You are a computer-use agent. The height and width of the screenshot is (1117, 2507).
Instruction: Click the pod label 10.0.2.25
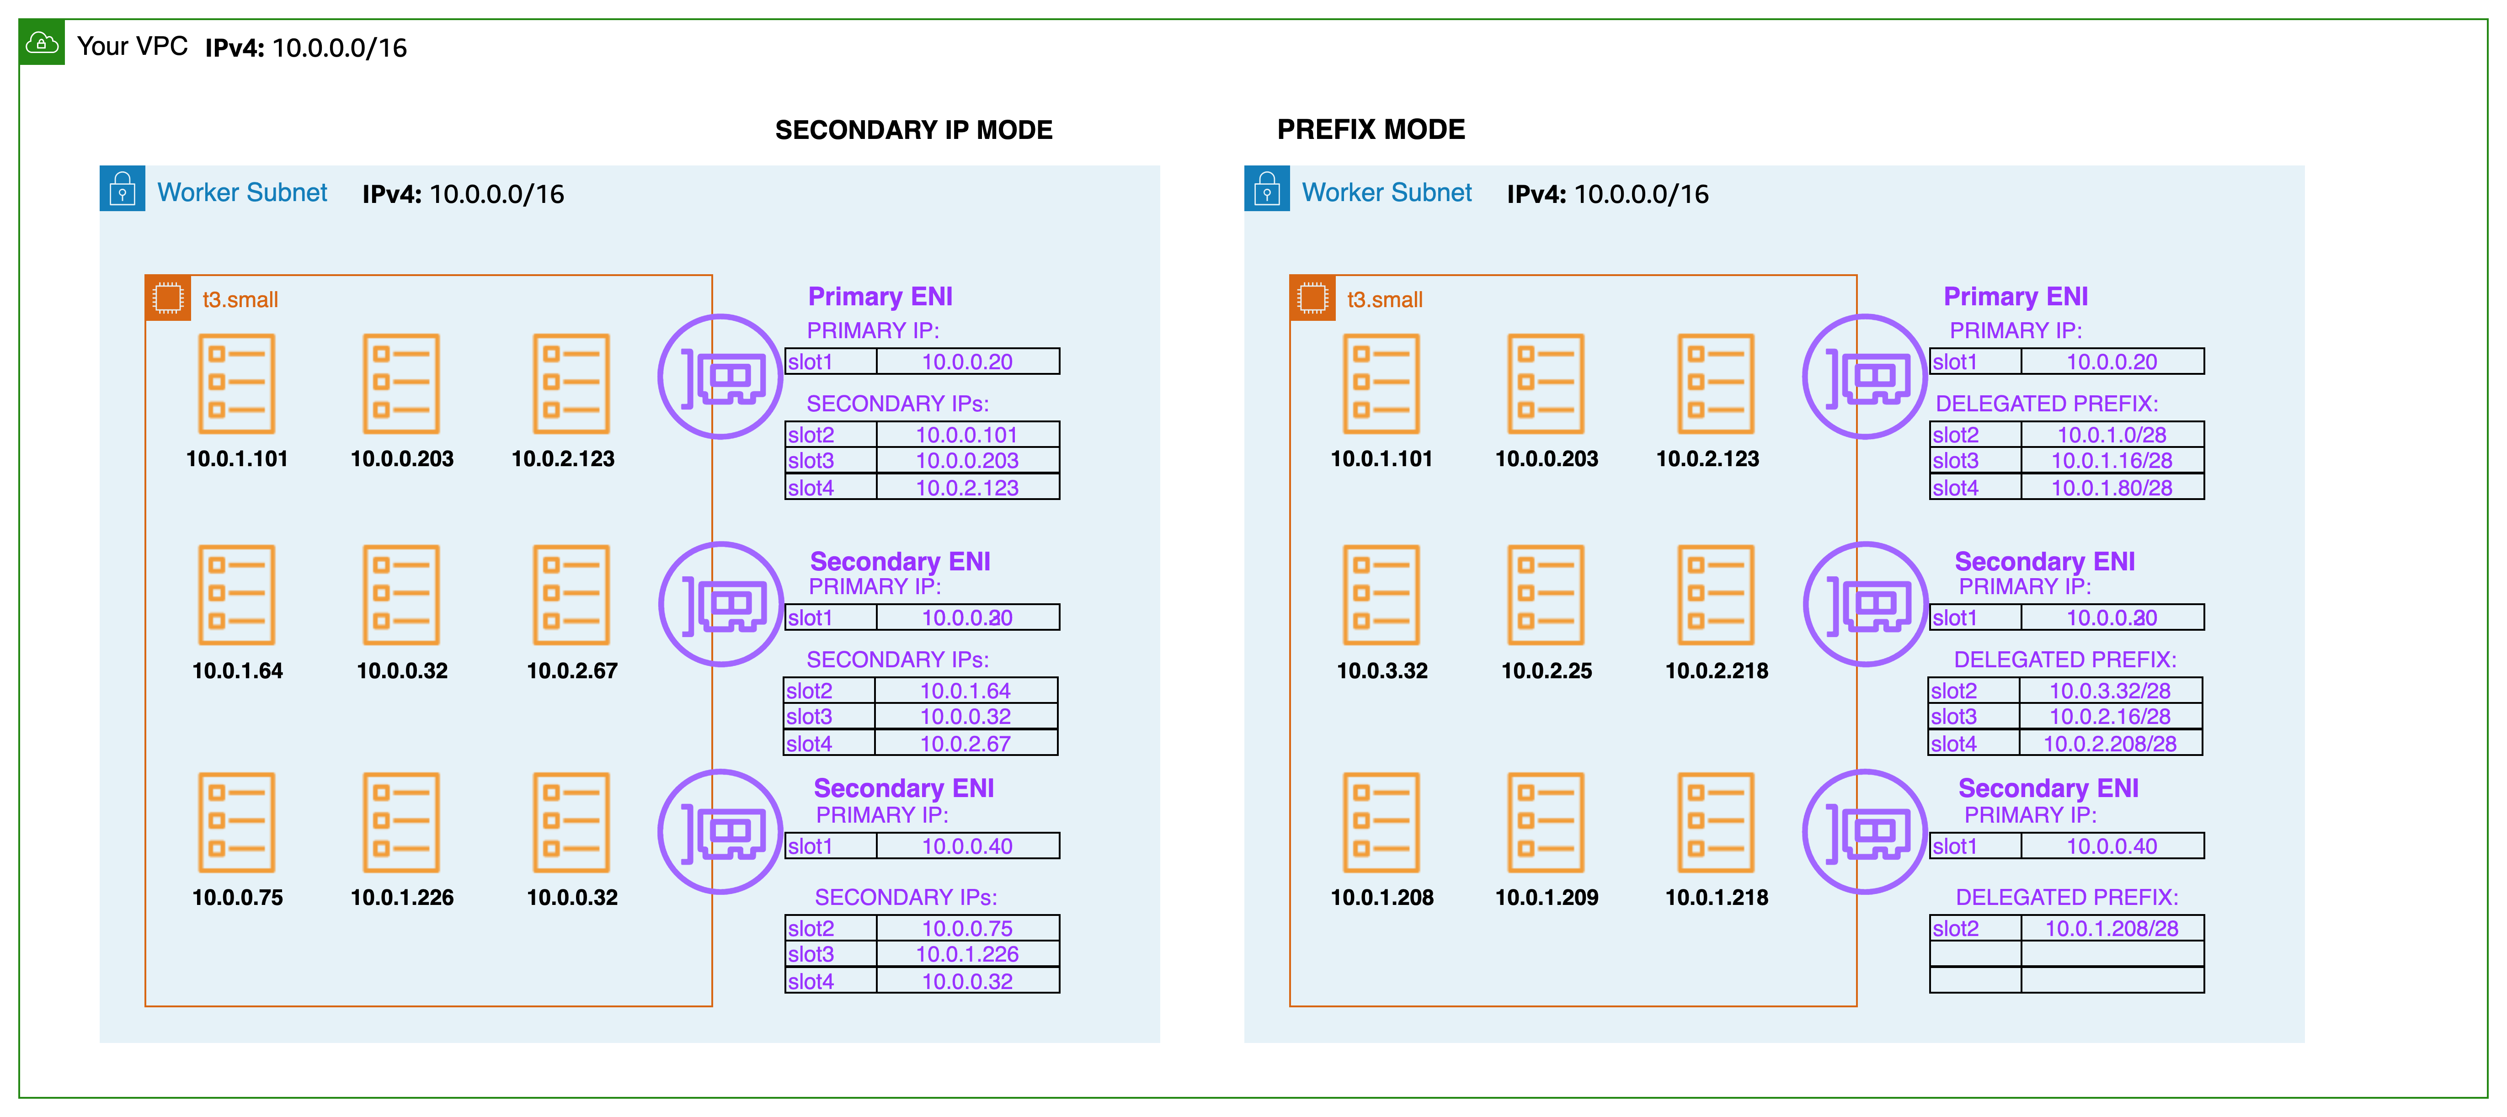1547,670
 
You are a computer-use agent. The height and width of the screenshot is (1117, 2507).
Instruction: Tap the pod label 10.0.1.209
1547,897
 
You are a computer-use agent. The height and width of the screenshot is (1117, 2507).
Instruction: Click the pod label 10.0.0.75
237,897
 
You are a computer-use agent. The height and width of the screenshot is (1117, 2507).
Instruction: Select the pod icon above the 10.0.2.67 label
571,595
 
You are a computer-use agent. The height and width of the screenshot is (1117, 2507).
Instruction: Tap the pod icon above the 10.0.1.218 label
1716,822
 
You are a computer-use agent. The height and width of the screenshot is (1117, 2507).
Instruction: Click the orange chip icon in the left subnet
167,298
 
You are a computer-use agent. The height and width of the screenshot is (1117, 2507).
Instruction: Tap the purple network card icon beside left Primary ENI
720,377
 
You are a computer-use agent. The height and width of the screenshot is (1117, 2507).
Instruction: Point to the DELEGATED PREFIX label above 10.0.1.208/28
2066,897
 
